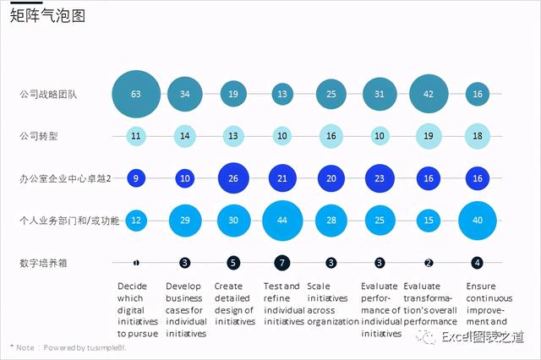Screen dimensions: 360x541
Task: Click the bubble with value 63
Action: (136, 94)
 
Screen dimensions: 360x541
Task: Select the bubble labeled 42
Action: (429, 94)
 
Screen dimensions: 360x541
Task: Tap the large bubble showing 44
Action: (282, 221)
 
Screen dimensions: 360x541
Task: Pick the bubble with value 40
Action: (478, 221)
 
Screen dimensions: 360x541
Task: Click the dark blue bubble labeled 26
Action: (233, 178)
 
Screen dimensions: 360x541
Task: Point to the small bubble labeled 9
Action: (136, 178)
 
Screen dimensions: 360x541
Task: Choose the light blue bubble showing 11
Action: (136, 136)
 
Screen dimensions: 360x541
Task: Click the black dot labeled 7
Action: (282, 263)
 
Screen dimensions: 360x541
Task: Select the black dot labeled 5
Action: (233, 263)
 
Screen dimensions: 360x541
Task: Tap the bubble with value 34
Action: (185, 94)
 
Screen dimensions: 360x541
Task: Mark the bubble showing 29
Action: (185, 221)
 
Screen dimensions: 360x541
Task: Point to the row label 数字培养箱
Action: (44, 263)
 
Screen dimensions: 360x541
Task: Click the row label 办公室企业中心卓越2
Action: (64, 178)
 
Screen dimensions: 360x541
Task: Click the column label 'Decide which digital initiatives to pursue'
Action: (138, 309)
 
